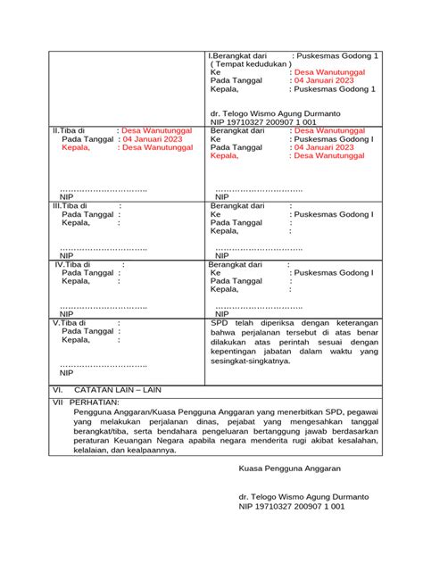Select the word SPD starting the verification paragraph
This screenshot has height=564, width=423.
(220, 323)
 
